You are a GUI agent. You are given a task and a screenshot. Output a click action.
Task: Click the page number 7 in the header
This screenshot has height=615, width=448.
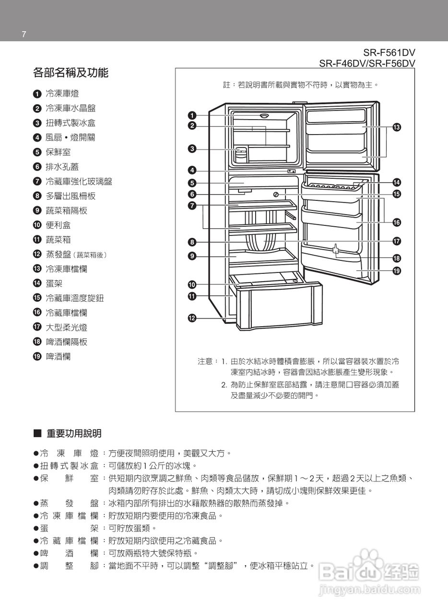(24, 34)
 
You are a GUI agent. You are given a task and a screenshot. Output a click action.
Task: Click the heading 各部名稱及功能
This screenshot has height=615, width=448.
(71, 73)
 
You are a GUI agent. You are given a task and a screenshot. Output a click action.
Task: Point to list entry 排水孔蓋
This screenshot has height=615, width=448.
(62, 167)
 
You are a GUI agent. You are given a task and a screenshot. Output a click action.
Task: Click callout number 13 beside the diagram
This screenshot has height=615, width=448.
(397, 127)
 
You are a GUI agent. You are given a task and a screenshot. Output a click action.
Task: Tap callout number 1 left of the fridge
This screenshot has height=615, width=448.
(192, 115)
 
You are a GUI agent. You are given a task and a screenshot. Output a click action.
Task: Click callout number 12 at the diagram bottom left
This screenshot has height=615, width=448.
(192, 318)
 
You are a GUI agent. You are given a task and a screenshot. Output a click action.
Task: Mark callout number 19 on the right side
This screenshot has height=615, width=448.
(397, 271)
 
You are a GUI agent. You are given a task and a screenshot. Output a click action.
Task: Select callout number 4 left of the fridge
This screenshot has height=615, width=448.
(192, 170)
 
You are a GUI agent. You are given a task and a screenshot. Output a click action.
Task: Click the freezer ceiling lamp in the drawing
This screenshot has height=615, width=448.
(264, 116)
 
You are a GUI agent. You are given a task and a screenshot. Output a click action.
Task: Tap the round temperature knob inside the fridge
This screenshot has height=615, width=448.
(276, 194)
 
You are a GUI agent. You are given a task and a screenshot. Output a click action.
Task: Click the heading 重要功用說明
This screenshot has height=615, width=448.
(74, 434)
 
